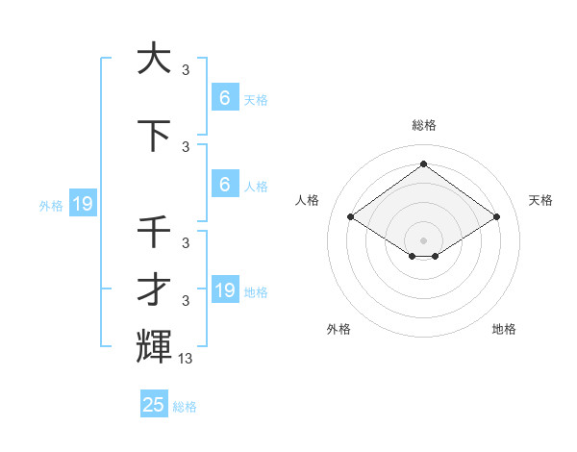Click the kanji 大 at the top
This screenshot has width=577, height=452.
[154, 59]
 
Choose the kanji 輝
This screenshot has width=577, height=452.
[154, 346]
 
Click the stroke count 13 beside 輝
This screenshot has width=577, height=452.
[186, 359]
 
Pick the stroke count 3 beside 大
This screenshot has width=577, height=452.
[186, 69]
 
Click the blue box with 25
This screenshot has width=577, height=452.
[154, 405]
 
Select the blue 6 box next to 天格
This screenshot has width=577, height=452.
[225, 97]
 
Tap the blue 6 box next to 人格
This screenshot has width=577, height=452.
[225, 186]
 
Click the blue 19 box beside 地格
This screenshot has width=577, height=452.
[225, 290]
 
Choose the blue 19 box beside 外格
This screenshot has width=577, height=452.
[82, 204]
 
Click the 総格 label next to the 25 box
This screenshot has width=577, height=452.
[185, 407]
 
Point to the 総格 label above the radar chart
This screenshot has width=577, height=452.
[423, 125]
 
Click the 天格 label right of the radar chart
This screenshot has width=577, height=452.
[540, 200]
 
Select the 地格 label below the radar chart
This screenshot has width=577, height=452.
[504, 329]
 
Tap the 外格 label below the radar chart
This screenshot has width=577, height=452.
[339, 329]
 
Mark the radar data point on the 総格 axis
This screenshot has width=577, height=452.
[423, 164]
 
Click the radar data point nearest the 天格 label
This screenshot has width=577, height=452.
[496, 217]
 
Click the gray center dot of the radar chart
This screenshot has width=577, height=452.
[423, 239]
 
